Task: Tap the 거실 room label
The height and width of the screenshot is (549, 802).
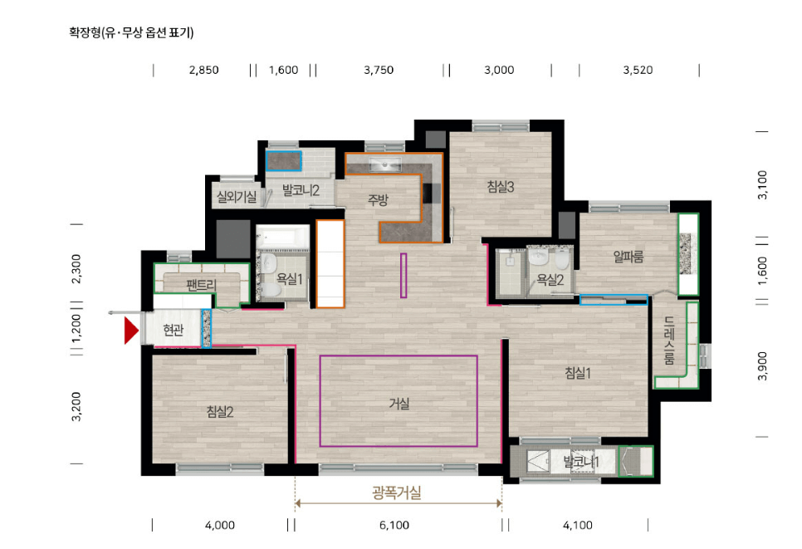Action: coord(399,404)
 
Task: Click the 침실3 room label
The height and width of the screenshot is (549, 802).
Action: coord(501,187)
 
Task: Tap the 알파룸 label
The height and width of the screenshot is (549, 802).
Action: coord(628,257)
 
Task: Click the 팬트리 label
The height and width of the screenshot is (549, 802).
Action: coord(201,285)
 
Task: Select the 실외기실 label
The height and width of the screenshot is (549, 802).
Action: coord(236,196)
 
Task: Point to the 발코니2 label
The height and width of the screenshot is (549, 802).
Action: coord(301,190)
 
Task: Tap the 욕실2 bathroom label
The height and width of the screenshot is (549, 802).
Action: coord(550,280)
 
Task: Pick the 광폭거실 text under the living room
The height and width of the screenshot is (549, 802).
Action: coord(397,493)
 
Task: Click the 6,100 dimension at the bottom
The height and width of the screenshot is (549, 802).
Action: coord(394,525)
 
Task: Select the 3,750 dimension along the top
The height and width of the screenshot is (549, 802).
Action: coord(379,71)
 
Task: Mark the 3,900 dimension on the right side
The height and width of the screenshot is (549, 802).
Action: coord(763,365)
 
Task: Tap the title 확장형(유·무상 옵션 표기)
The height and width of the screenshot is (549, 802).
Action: coord(131,33)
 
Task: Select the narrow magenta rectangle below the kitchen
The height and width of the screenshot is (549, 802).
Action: coord(403,275)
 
